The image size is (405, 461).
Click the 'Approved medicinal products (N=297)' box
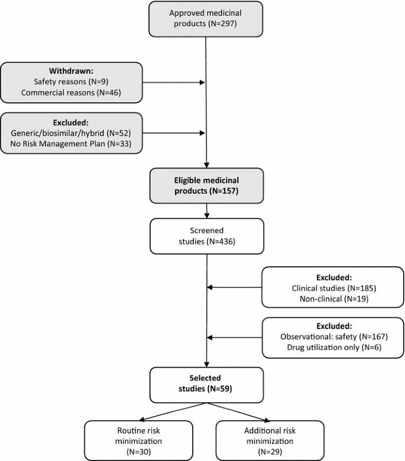click(206, 18)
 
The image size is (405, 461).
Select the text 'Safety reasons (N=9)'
click(71, 82)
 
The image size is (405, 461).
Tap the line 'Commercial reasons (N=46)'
click(71, 92)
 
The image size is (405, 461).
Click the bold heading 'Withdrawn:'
click(71, 70)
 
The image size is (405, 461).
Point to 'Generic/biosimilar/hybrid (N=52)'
click(71, 133)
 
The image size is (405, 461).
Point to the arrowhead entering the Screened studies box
click(206, 216)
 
